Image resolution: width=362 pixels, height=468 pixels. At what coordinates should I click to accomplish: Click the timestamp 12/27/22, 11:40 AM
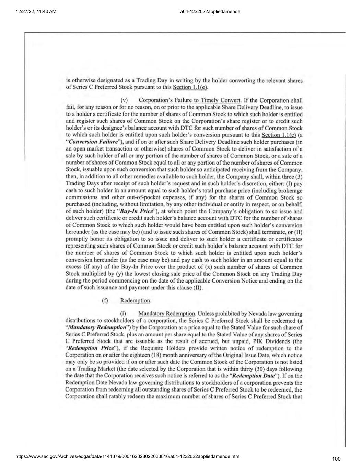pos(31,12)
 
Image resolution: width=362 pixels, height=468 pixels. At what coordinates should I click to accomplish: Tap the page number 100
pos(337,459)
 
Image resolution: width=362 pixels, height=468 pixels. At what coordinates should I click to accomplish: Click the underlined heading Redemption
pos(135,301)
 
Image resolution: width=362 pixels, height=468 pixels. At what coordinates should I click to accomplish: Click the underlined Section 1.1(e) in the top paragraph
pos(190,87)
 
